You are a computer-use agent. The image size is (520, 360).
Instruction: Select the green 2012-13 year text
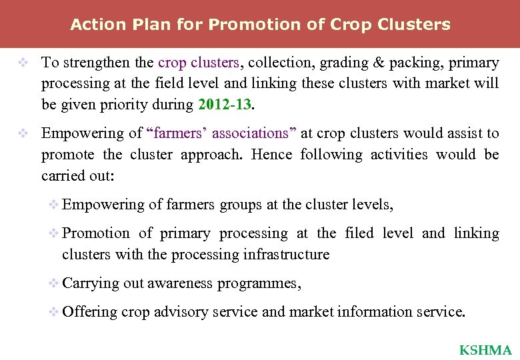click(224, 105)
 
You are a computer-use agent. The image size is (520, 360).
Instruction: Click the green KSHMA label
click(485, 350)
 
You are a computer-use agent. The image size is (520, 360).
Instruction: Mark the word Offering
click(89, 311)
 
